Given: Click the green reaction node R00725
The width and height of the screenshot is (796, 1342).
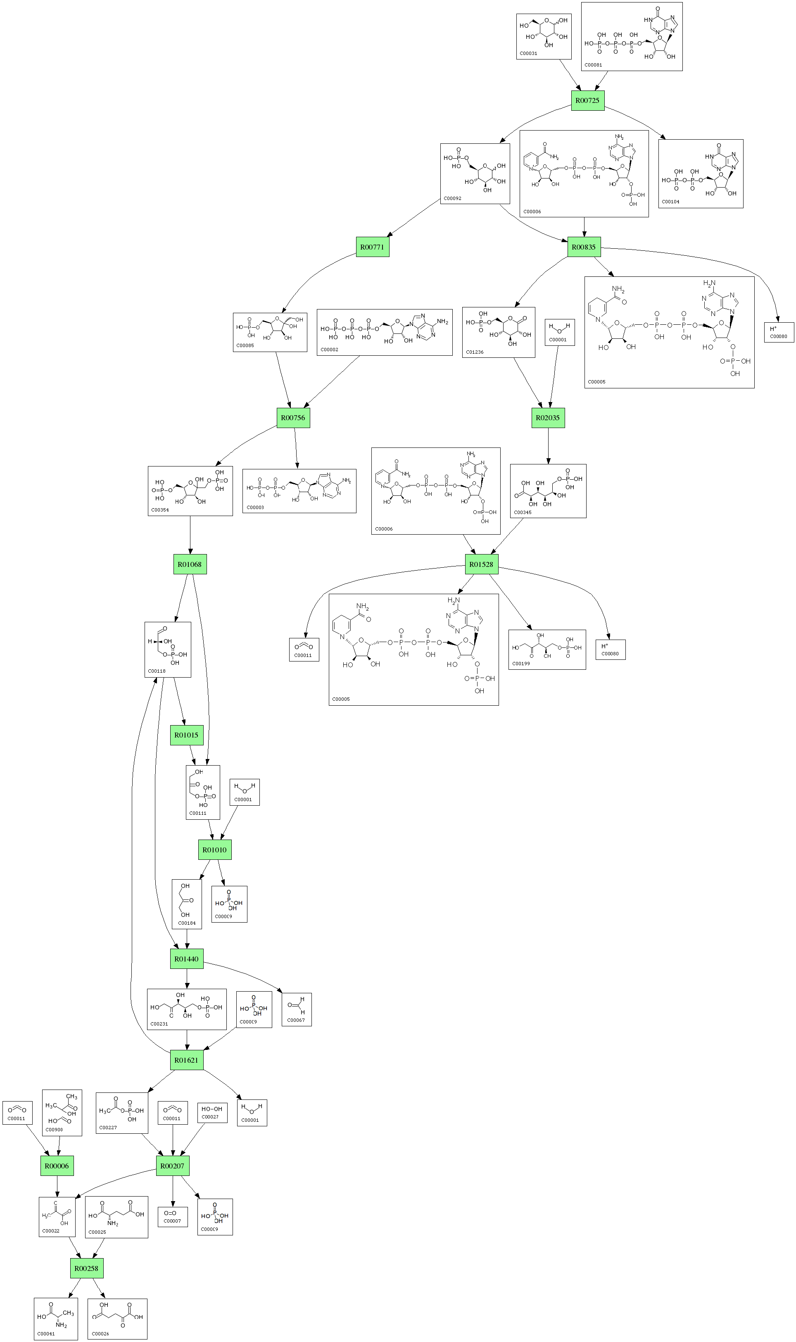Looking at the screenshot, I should [x=587, y=100].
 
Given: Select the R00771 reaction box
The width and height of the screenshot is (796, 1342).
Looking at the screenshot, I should [x=372, y=247].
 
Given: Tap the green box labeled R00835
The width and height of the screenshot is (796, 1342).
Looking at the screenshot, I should [x=584, y=247].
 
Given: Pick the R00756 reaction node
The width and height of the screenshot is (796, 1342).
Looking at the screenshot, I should [x=293, y=418].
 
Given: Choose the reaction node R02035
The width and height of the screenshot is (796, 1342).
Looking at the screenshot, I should [x=548, y=418].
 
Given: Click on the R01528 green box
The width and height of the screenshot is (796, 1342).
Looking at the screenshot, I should [x=481, y=564].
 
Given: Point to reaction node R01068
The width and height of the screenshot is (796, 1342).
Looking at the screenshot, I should [x=190, y=564].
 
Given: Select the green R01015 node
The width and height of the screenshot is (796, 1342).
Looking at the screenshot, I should [x=187, y=735].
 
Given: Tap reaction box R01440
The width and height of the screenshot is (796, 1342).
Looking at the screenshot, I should [x=187, y=959].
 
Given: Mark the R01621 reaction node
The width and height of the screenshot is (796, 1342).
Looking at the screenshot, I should [x=187, y=1060].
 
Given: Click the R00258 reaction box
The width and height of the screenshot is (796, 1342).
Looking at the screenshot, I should [x=86, y=1268].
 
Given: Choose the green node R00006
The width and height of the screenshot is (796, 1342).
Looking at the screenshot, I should [x=57, y=1166].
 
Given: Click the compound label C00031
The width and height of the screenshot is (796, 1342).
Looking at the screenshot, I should [x=528, y=54].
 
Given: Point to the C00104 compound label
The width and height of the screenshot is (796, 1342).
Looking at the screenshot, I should [x=670, y=202].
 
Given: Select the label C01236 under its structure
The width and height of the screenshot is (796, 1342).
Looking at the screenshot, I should [x=475, y=352].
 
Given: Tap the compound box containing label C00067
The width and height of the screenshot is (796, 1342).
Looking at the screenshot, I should [x=297, y=1009].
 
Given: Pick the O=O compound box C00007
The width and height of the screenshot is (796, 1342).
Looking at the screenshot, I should [x=173, y=1216].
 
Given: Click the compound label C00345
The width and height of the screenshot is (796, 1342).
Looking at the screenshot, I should [x=523, y=512].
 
